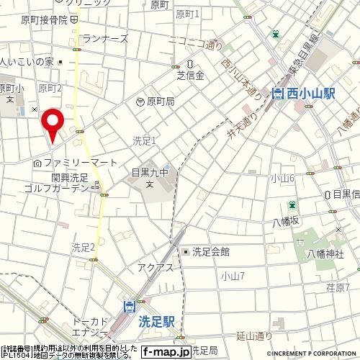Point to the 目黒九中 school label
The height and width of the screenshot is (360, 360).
pos(150,173)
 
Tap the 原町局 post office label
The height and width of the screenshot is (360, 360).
pos(161,103)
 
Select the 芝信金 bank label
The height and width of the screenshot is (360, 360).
pos(191,74)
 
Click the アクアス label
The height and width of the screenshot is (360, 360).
pos(153,267)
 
